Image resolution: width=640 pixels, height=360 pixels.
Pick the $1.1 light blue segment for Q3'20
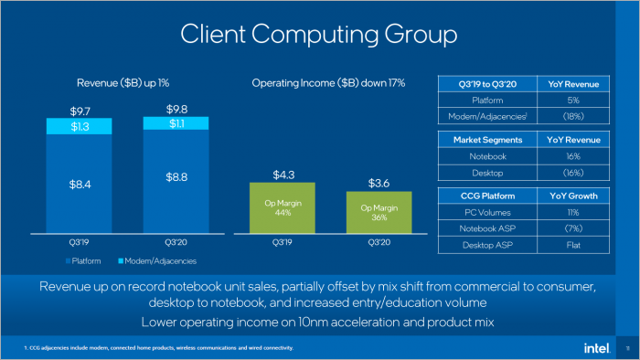176,123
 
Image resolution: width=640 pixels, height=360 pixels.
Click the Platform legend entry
87,262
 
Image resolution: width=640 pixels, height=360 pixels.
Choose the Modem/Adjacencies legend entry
160,262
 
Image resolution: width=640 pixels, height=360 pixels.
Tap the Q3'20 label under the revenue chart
176,244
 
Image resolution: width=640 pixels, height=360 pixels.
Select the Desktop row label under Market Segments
487,173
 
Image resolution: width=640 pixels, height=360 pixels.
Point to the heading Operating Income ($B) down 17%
328,83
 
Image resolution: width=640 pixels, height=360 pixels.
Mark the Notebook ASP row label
487,228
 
